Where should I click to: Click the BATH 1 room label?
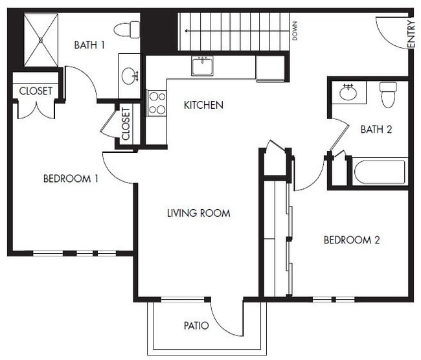pos(89,45)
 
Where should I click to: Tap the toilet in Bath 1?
pos(128,29)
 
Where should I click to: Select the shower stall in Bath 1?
pos(41,39)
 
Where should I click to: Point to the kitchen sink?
pos(203,66)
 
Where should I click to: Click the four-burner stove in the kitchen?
pos(157,102)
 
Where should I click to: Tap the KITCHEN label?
pos(203,105)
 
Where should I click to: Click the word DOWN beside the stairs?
pos(295,30)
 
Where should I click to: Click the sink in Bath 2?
pos(348,92)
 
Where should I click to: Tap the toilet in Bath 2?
pos(388,95)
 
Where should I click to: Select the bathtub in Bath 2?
pos(380,172)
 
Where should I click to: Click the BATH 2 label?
pos(376,129)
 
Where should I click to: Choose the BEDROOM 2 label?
pos(352,240)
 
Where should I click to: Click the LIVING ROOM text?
pos(198,213)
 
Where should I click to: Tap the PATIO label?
pos(196,325)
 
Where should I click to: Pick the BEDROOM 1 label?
pos(71,179)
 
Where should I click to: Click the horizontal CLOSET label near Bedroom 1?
pos(36,91)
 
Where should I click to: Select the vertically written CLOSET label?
pos(126,124)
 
